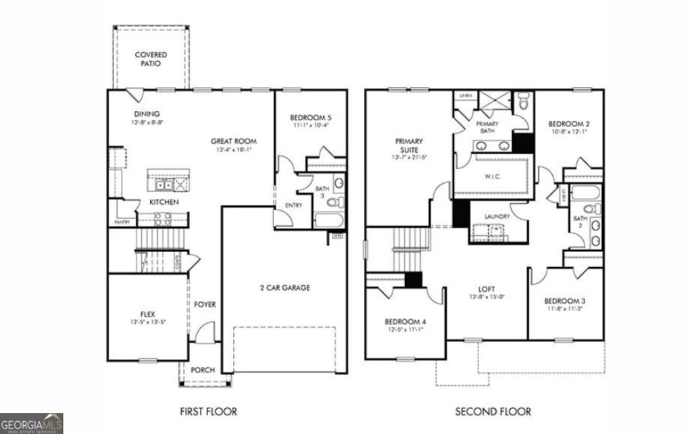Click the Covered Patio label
(151, 59)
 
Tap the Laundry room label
(497, 217)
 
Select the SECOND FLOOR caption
(493, 411)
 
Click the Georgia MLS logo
(32, 423)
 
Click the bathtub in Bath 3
(330, 220)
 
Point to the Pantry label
(122, 221)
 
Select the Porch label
(203, 370)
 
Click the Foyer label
(205, 305)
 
